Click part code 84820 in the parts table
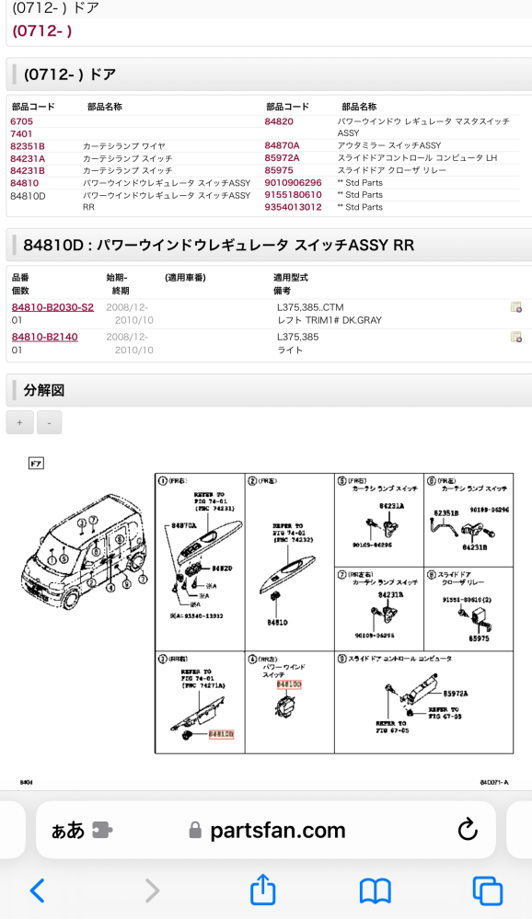[279, 121]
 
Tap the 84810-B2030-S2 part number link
[52, 307]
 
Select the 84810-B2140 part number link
[45, 338]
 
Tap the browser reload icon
[468, 830]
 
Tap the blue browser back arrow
[37, 890]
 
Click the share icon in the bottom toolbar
[263, 890]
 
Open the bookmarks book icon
[375, 890]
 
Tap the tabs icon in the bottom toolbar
[487, 890]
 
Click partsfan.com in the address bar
[277, 831]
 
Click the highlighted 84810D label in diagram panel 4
[289, 684]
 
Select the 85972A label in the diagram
[456, 694]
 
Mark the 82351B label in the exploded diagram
[446, 511]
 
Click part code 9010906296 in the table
[294, 182]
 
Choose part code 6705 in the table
[21, 121]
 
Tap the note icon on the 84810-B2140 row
[516, 338]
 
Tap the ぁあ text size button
[68, 831]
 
